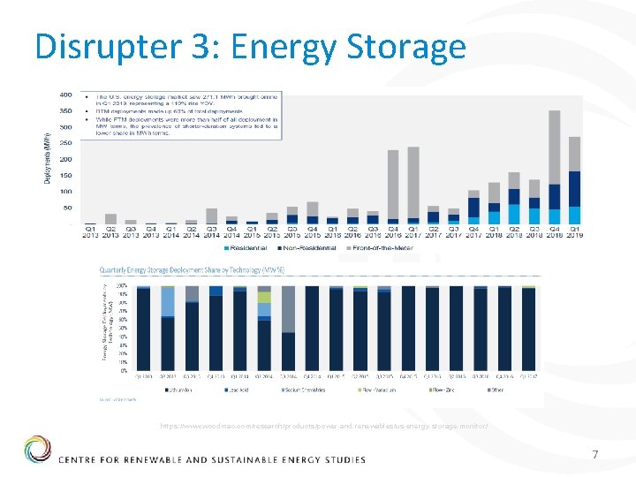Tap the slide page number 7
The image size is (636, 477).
pyautogui.click(x=595, y=454)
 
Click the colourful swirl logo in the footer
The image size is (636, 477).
pyautogui.click(x=38, y=449)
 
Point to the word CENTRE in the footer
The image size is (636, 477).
pyautogui.click(x=85, y=460)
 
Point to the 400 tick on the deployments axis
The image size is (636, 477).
pyautogui.click(x=65, y=95)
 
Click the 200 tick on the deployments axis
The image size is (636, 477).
pyautogui.click(x=65, y=159)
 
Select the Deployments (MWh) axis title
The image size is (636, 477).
pyautogui.click(x=47, y=159)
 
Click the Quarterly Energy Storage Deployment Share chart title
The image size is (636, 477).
pyautogui.click(x=193, y=271)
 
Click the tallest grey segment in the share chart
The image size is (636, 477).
pyautogui.click(x=288, y=309)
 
